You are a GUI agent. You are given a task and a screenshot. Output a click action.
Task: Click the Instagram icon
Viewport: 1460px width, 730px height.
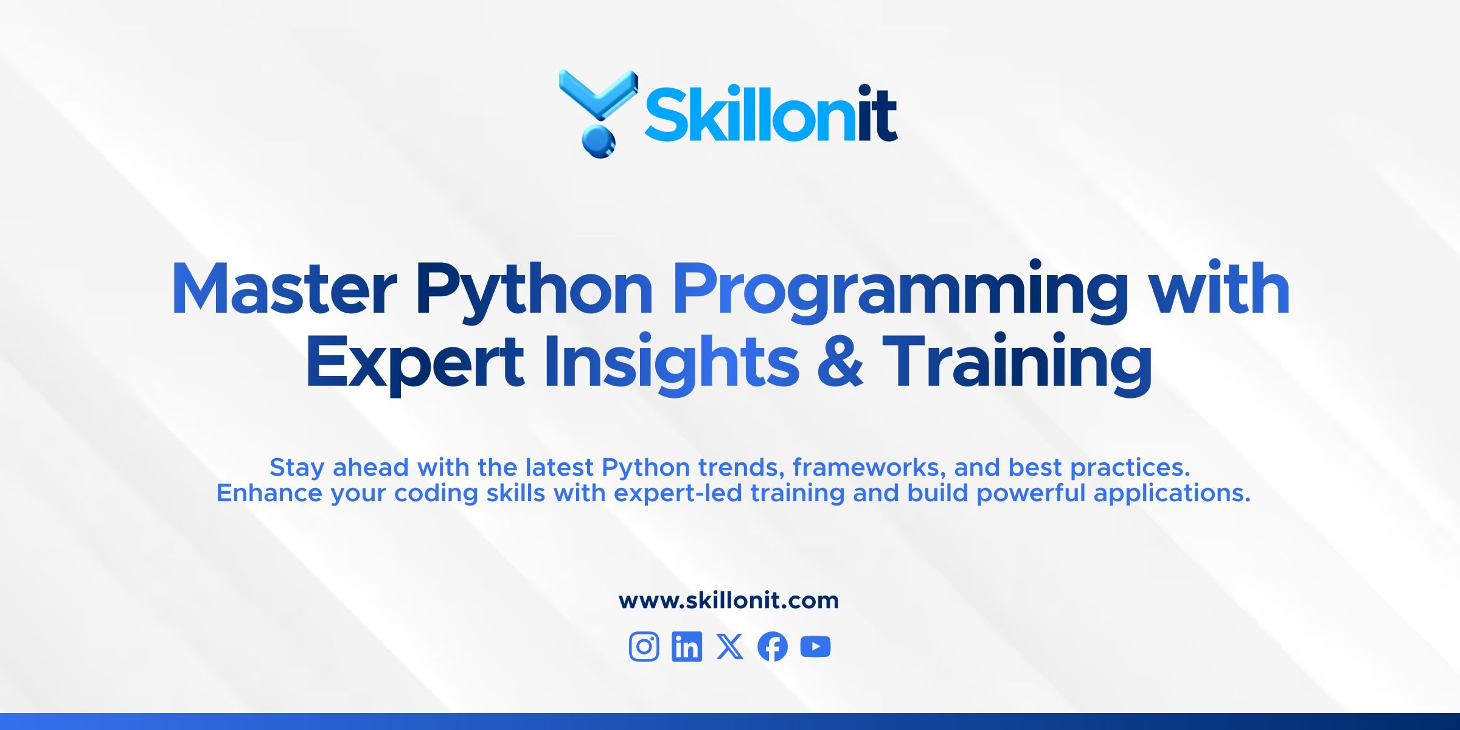tap(644, 646)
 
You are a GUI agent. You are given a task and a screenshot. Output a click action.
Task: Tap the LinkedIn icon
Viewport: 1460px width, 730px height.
tap(687, 646)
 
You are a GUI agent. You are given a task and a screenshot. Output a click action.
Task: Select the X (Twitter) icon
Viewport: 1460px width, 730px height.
tap(730, 646)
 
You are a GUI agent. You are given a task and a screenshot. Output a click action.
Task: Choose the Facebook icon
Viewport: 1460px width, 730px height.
tap(773, 646)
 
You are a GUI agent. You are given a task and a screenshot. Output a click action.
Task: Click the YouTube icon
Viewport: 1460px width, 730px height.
tap(816, 647)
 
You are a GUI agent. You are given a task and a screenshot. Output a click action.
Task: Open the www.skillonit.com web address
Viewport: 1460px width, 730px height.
tap(729, 600)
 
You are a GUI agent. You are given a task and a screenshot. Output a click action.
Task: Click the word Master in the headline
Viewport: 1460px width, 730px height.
tap(285, 288)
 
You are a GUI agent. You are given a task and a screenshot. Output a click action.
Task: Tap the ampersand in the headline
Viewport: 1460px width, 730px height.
tap(840, 361)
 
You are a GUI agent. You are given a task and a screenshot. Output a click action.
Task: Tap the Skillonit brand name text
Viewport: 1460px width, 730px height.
tap(771, 113)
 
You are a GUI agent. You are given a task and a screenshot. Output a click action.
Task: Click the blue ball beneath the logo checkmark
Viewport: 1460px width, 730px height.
tap(599, 142)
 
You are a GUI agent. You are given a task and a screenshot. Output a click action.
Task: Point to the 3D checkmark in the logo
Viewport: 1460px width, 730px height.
tap(599, 95)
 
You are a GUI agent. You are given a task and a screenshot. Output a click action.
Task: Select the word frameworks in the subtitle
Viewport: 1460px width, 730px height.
tap(869, 467)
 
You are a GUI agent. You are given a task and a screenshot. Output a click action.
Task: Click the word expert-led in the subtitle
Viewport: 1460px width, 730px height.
tap(678, 493)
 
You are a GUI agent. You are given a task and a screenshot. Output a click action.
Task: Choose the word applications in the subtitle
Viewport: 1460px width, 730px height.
tap(1172, 493)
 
